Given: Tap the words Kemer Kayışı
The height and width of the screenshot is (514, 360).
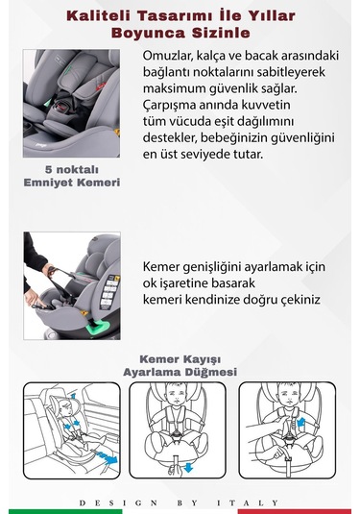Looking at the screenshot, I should click(x=180, y=358).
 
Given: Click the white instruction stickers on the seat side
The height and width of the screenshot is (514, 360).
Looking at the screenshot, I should click(x=108, y=291).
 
